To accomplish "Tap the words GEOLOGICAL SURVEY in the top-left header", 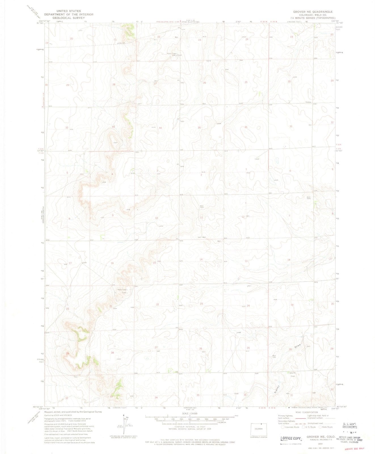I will click(68, 18).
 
